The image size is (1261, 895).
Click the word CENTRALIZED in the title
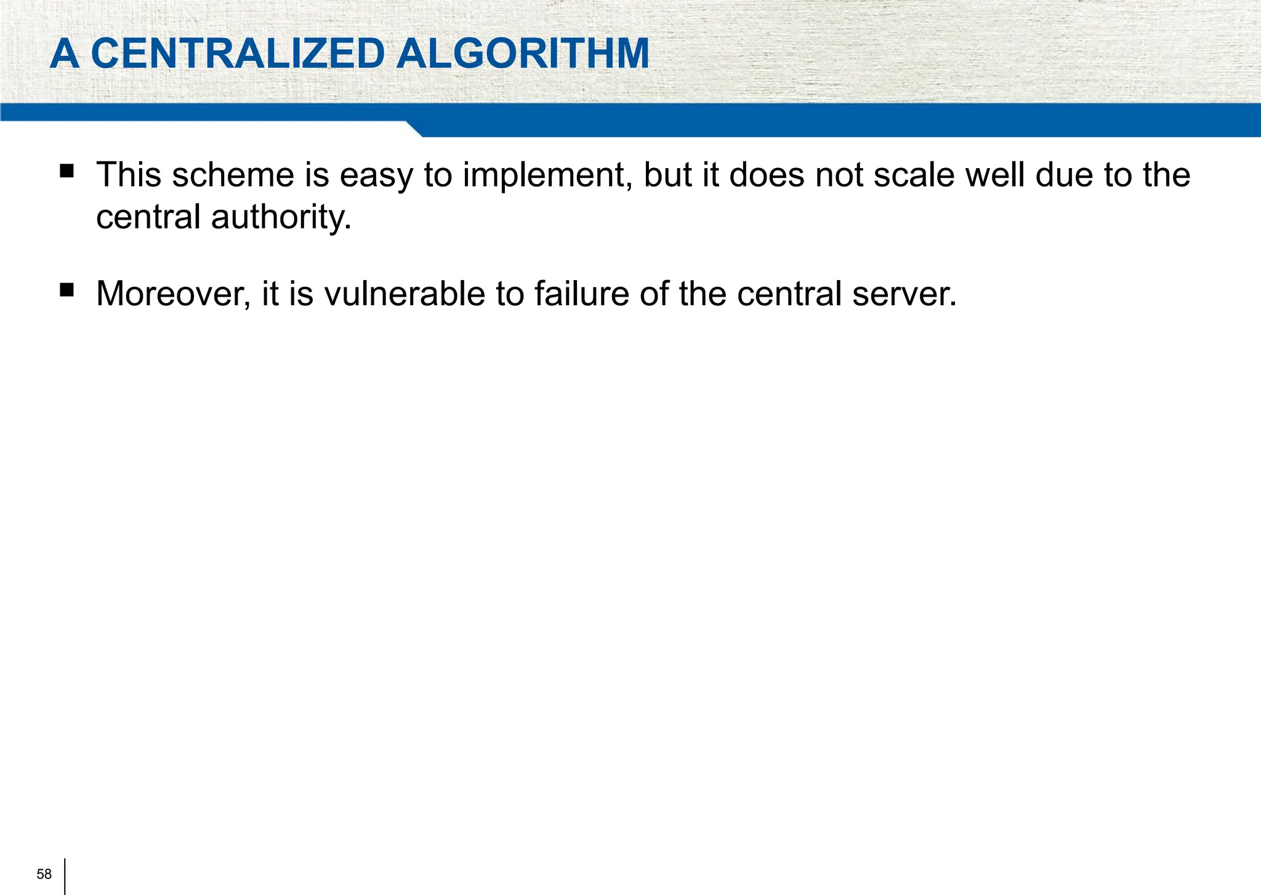[x=238, y=54]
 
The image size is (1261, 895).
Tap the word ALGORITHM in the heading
[x=523, y=54]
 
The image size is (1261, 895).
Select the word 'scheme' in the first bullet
[x=233, y=175]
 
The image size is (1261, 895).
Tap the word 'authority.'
[x=281, y=218]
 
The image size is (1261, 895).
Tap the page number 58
[x=44, y=875]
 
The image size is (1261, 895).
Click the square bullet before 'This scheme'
[x=66, y=171]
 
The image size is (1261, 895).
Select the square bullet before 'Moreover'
[x=66, y=289]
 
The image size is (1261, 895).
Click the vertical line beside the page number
[x=65, y=876]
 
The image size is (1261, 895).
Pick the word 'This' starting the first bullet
[x=129, y=175]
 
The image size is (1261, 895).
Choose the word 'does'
[x=767, y=175]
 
